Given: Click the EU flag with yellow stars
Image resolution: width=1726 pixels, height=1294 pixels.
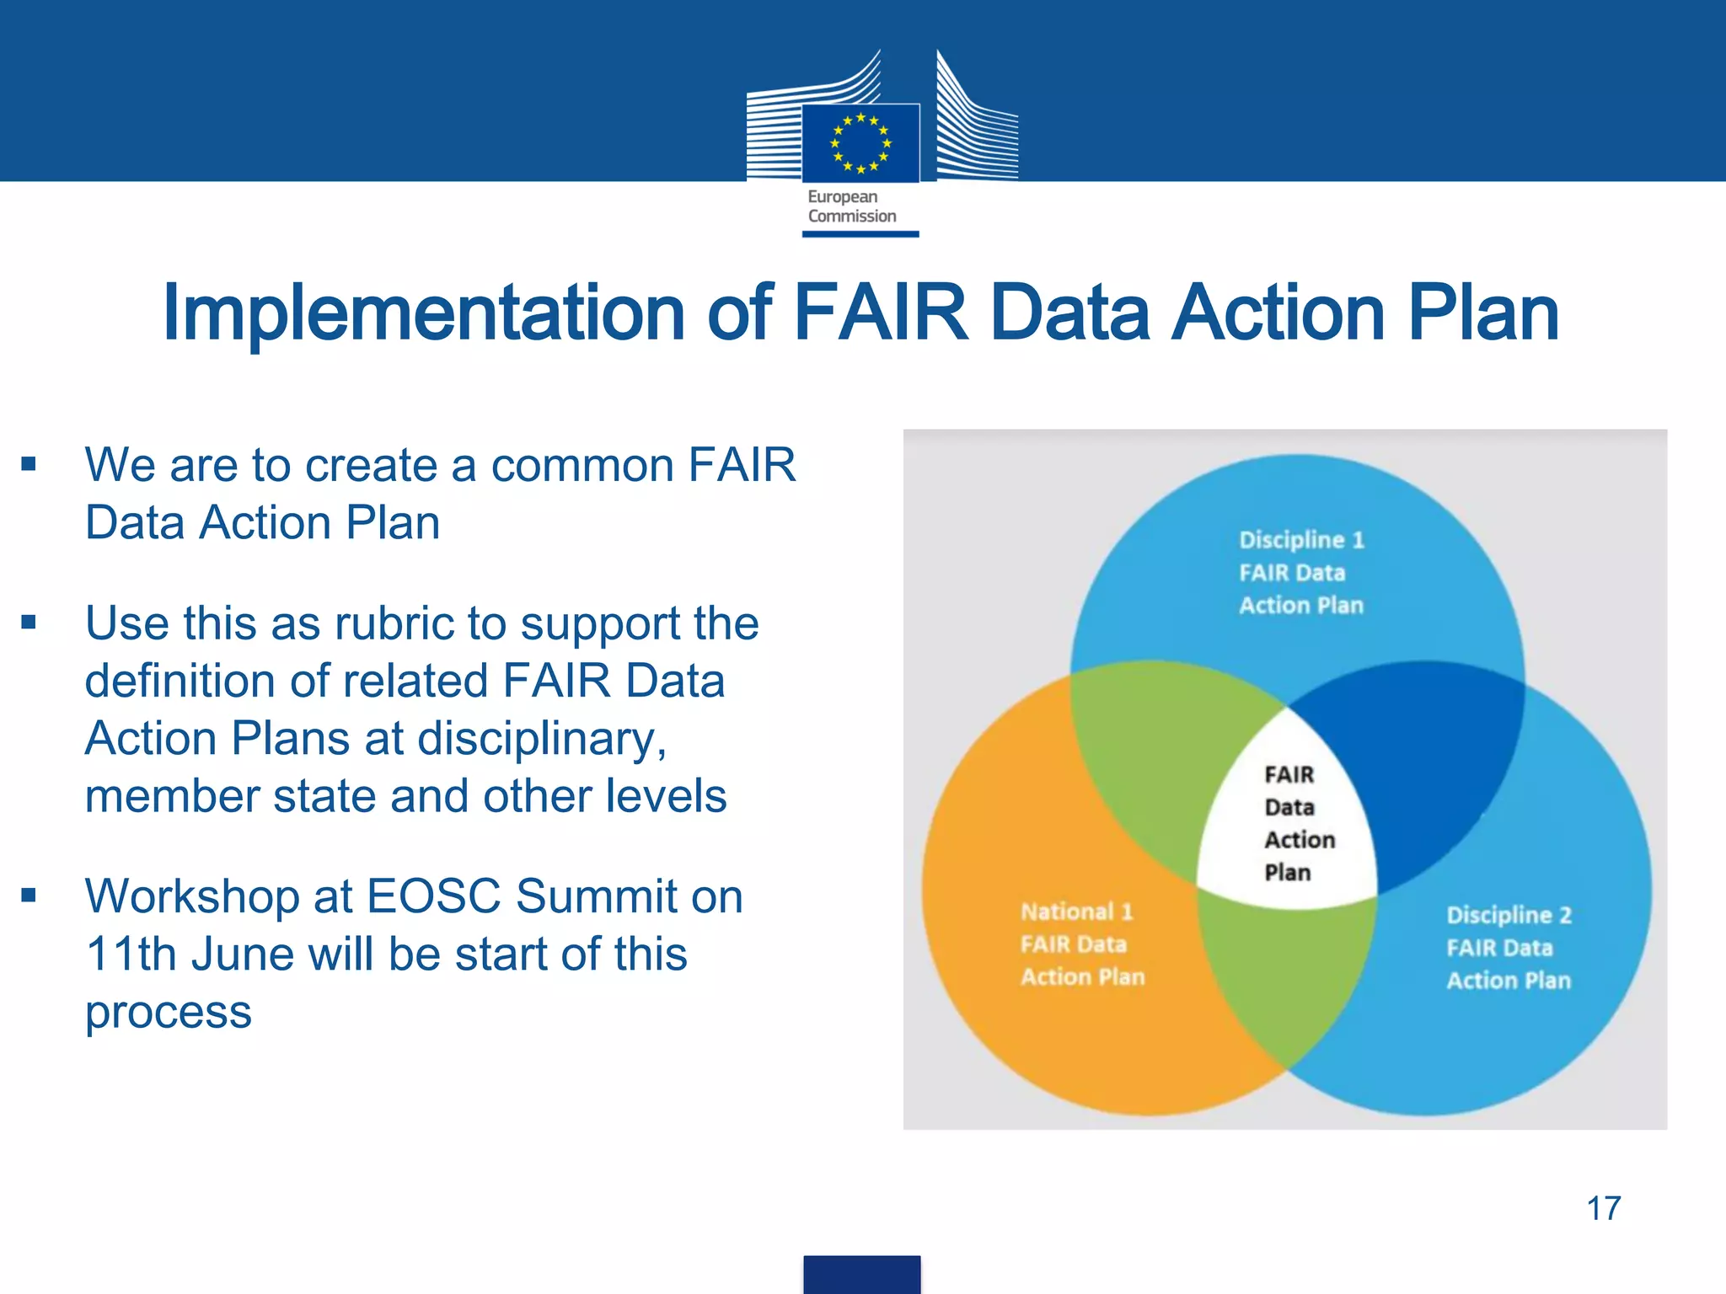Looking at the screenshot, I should tap(860, 142).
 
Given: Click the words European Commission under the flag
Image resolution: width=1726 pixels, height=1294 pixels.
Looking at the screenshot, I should tap(851, 206).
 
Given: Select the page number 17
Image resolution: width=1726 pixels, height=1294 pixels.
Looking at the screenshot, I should tap(1603, 1208).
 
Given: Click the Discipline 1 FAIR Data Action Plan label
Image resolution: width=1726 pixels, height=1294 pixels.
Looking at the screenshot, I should tap(1300, 572).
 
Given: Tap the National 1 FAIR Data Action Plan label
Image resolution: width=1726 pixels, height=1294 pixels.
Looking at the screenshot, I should tap(1082, 944).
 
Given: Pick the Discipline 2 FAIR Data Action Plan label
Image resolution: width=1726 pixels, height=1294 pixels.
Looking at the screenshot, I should tap(1509, 947).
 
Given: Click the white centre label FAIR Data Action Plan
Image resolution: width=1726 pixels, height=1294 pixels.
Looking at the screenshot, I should tap(1289, 822).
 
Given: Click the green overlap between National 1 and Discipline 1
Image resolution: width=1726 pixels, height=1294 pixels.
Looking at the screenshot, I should tap(1155, 758).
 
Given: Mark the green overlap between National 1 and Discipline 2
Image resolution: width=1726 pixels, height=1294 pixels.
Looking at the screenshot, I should tap(1285, 977).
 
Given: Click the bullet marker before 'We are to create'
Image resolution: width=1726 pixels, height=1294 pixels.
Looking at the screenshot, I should tap(29, 464).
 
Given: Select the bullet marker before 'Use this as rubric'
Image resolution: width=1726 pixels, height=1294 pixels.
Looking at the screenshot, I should tap(29, 623).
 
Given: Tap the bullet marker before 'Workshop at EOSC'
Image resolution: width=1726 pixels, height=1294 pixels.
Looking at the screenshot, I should tap(29, 896).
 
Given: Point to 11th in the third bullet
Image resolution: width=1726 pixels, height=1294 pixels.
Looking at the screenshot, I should tap(131, 954).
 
